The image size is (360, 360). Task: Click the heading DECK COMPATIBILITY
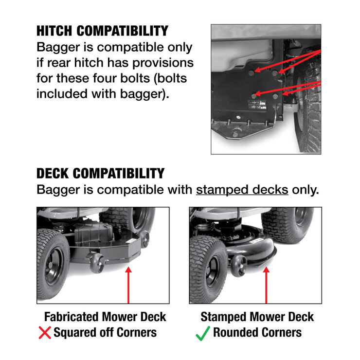100,173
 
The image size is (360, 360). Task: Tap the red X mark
45,333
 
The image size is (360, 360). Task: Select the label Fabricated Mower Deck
105,317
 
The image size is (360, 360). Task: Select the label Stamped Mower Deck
257,317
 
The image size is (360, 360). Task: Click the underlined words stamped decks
242,189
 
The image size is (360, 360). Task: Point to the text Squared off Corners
105,333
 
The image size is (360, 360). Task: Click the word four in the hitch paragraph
137,78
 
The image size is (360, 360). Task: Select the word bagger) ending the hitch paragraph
145,93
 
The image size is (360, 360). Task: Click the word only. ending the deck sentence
306,189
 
